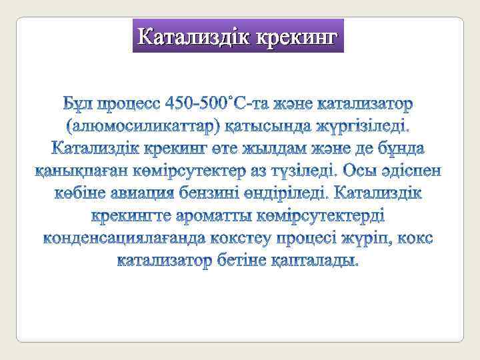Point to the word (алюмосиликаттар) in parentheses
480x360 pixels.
pyautogui.click(x=138, y=126)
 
